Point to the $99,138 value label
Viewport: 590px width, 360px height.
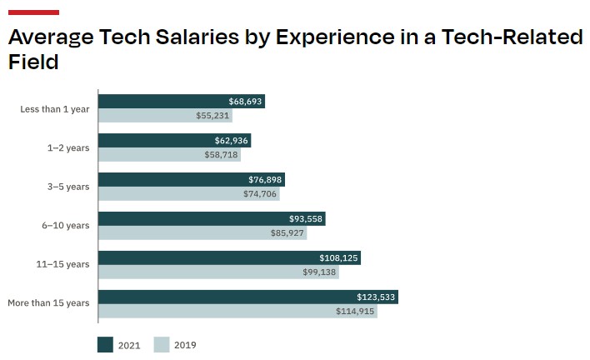[x=320, y=272]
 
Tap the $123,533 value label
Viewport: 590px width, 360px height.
[x=377, y=297]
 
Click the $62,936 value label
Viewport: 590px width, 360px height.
[x=231, y=141]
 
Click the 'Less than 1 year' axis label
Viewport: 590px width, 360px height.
[x=54, y=109]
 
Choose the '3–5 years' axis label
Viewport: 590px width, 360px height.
[x=69, y=187]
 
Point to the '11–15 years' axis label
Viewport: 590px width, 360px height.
[x=65, y=264]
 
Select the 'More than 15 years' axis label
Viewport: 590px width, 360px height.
[x=48, y=303]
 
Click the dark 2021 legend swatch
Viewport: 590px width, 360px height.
[x=105, y=344]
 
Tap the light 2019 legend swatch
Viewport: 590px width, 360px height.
[x=162, y=344]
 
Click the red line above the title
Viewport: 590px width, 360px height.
[x=32, y=12]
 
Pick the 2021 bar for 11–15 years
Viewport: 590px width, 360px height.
[x=229, y=258]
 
